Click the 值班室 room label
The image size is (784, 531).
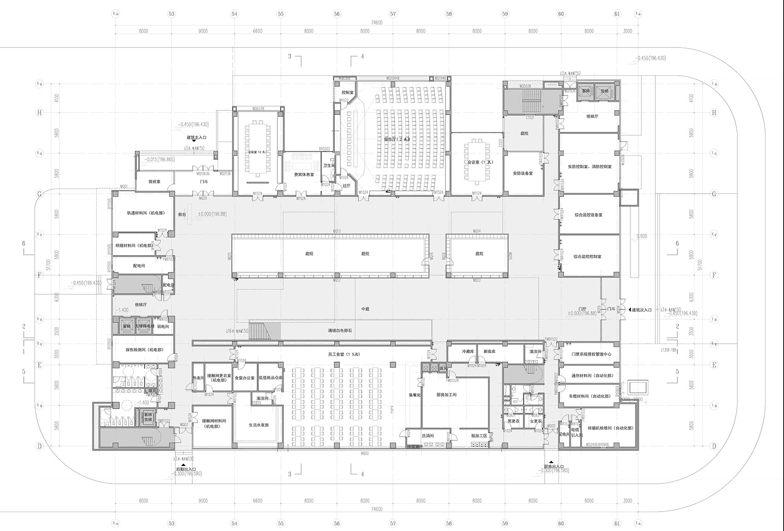(x=154, y=182)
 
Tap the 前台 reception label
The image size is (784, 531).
(x=182, y=215)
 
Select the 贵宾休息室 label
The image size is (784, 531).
(x=304, y=175)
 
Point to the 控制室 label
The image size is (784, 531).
(x=348, y=93)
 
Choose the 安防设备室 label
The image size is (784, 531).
(x=523, y=173)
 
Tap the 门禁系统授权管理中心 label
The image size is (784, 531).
(x=591, y=354)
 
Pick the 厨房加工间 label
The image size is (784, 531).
(x=446, y=395)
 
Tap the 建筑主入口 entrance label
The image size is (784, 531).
(x=196, y=137)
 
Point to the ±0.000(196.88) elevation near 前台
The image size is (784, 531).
(x=212, y=214)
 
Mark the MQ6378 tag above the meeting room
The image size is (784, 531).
(x=258, y=109)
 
